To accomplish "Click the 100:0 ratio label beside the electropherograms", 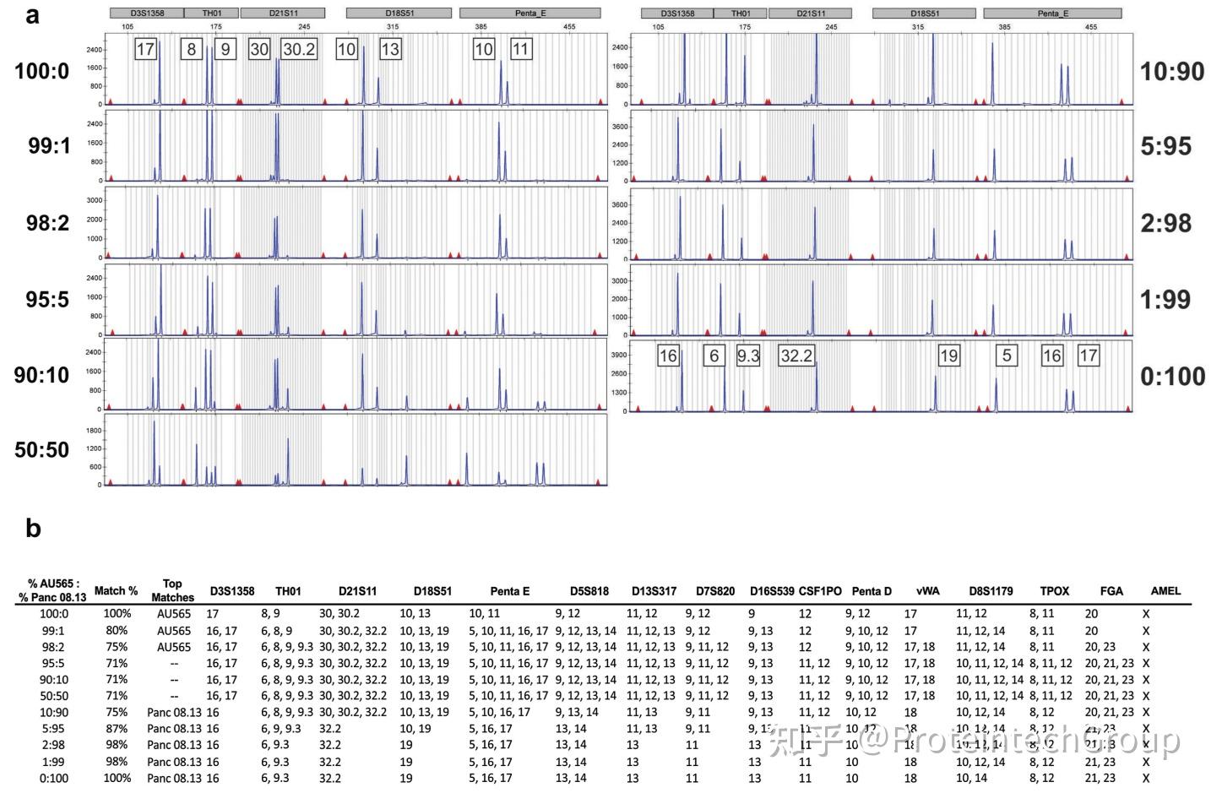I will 41,70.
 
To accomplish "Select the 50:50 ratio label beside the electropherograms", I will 41,449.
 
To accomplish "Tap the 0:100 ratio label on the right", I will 1172,377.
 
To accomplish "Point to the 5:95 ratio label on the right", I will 1165,146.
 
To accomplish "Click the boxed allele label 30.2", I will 299,49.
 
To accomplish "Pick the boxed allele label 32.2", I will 796,356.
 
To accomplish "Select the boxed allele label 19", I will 948,356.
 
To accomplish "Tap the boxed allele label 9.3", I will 748,356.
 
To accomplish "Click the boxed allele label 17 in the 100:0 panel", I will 145,49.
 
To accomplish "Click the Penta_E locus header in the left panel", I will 529,14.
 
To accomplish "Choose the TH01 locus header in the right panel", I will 741,14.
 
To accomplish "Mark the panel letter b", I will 33,529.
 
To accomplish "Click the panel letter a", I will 32,14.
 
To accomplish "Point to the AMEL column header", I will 1165,590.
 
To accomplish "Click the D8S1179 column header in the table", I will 991,590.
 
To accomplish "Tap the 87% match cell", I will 117,728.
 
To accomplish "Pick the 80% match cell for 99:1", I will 117,630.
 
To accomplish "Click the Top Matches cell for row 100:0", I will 173,614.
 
